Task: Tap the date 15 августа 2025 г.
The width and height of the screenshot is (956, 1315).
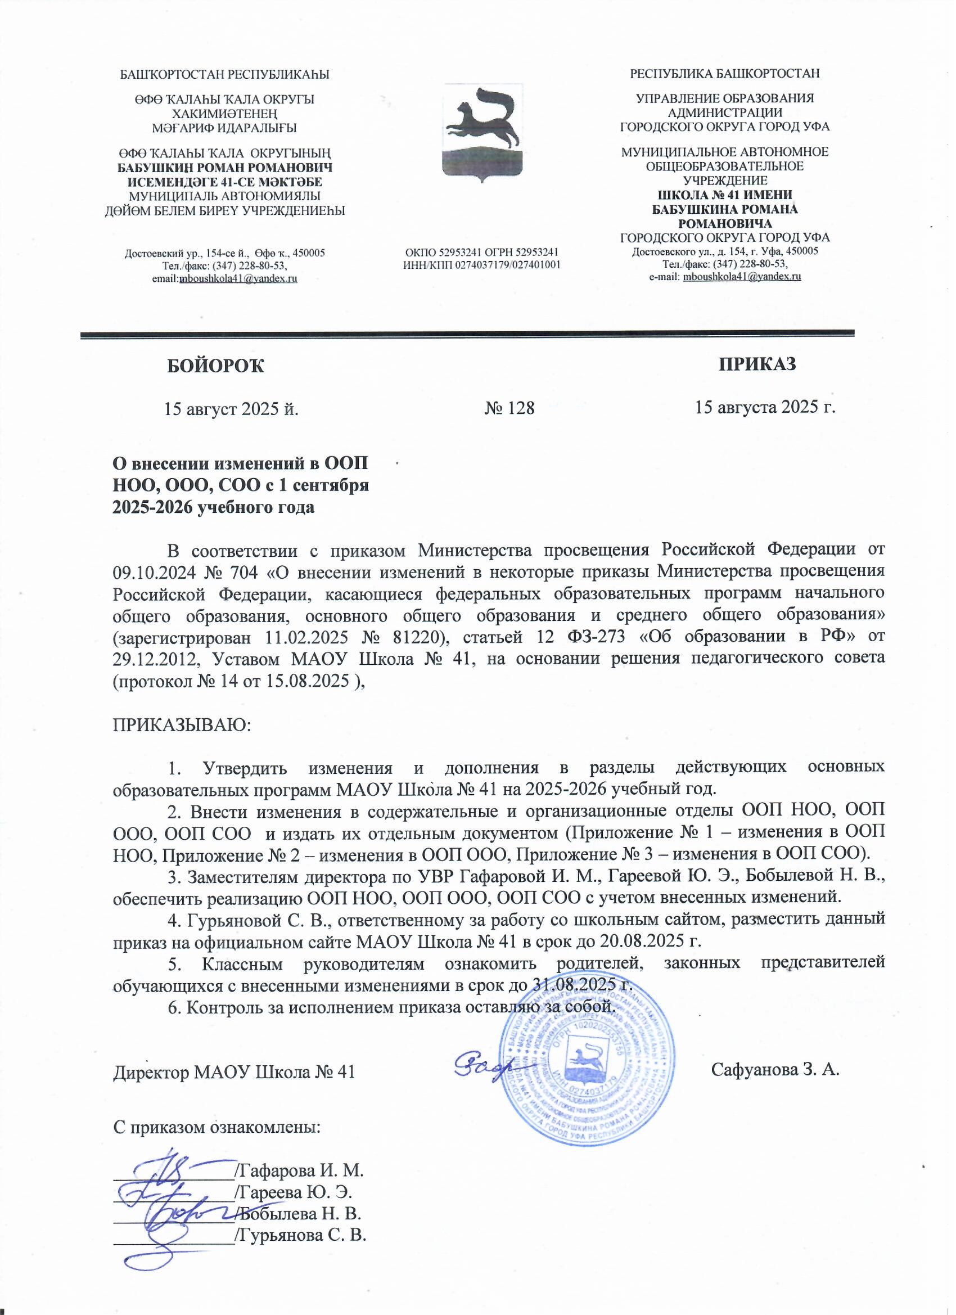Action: (x=765, y=407)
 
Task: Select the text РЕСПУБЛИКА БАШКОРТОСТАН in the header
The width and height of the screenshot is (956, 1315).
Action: (x=725, y=74)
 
